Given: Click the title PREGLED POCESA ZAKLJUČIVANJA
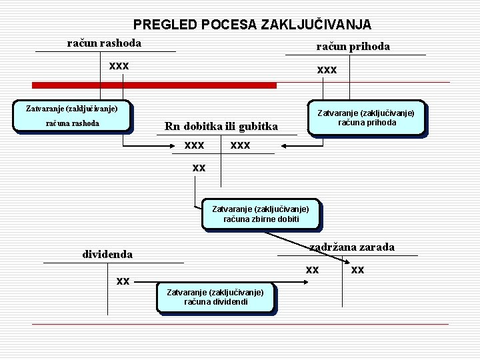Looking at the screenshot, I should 252,25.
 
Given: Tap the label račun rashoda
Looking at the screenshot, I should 104,43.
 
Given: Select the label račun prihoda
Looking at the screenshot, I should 353,46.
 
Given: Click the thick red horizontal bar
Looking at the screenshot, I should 155,85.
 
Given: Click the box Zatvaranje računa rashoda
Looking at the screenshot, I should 72,116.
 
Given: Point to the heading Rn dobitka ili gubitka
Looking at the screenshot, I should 221,127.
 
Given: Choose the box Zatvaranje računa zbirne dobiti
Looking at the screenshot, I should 261,214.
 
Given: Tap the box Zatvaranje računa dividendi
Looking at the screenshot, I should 215,297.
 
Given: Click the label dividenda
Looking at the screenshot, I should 107,254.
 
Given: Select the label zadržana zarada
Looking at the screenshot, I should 352,247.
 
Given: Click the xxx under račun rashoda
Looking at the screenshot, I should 119,66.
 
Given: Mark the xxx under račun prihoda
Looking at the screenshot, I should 327,69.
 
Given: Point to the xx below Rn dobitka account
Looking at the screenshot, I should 199,168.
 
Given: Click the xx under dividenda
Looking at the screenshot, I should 123,281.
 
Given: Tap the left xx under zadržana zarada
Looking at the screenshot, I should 312,270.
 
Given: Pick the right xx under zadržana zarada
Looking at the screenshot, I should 358,270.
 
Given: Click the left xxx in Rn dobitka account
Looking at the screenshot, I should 194,145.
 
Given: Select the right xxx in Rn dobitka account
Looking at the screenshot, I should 240,145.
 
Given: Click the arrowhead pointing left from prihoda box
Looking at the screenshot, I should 285,145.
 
